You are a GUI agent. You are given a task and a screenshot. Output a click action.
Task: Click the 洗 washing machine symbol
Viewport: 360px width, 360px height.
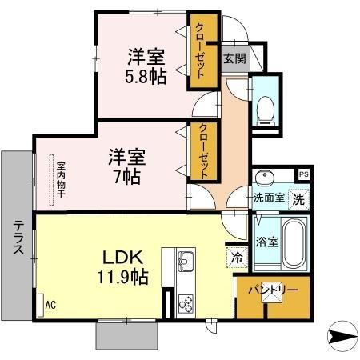(298, 198)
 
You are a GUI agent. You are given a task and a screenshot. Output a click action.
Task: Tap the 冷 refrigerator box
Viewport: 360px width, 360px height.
(237, 258)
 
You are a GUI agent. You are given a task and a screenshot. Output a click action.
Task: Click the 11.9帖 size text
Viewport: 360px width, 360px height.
(122, 277)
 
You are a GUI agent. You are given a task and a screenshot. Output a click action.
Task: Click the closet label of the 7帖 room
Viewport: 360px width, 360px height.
(204, 153)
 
